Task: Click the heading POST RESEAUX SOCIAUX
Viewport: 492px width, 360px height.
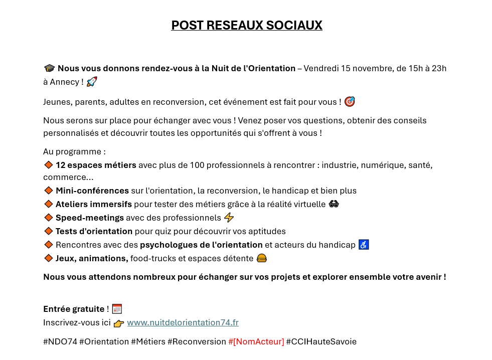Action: pos(246,25)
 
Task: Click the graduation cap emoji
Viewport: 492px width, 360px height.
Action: pos(49,68)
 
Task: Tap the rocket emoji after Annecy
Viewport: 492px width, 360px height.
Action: pos(92,82)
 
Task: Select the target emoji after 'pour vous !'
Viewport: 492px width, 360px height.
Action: pos(350,102)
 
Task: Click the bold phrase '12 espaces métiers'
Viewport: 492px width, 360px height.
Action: pos(96,165)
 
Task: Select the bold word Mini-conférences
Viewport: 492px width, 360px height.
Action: pos(92,191)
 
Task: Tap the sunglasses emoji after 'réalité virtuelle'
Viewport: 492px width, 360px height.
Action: pos(334,204)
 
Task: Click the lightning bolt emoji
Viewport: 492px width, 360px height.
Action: pos(229,218)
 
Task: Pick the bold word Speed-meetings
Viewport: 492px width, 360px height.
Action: pos(90,218)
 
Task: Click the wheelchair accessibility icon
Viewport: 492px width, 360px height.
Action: pos(364,245)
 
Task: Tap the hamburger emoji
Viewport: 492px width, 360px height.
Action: pos(261,258)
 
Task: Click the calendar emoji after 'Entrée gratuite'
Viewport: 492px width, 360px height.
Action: pos(117,309)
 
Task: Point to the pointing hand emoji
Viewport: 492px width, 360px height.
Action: pos(118,323)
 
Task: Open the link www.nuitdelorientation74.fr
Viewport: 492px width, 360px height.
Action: pos(183,323)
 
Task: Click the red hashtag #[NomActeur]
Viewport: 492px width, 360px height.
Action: pos(256,341)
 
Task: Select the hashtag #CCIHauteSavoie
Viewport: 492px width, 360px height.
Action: pos(321,341)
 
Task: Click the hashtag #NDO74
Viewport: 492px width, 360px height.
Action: pos(60,341)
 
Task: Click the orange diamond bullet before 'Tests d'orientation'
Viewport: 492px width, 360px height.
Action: pos(49,231)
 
